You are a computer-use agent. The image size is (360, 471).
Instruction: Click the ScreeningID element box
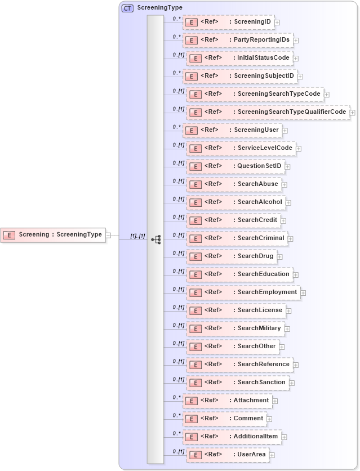point(228,22)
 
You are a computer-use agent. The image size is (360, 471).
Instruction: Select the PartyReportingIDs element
point(237,40)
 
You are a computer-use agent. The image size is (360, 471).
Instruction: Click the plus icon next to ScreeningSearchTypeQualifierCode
point(352,113)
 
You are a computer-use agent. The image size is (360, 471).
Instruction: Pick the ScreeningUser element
point(232,130)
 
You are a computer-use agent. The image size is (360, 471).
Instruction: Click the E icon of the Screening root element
point(9,235)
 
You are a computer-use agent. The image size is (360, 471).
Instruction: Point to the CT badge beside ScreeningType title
point(128,8)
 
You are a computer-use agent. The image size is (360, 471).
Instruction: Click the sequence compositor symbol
point(156,239)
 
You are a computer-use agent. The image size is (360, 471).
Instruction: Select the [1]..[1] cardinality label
point(137,235)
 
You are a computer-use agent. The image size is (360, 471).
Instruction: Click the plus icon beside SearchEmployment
point(303,293)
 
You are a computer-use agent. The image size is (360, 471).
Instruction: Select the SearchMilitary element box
point(235,328)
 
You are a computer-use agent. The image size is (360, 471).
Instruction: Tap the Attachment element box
point(227,401)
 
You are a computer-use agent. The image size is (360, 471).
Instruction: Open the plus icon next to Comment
point(269,419)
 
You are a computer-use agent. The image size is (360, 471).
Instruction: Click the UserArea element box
point(228,455)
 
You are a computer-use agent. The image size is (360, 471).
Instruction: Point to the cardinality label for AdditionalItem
point(176,433)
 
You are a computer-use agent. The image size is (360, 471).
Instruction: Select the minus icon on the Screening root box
point(108,235)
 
